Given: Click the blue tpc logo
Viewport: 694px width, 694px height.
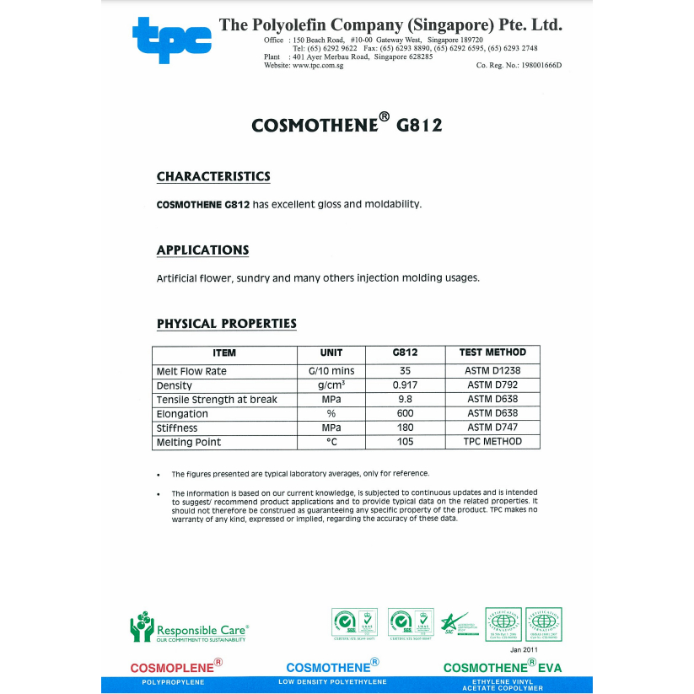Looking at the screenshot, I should [172, 39].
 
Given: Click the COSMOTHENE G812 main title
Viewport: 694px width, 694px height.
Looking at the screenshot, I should [346, 125].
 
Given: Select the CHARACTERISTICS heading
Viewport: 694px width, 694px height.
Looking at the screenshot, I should [213, 176].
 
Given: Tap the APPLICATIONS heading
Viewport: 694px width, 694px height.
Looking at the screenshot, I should [202, 250].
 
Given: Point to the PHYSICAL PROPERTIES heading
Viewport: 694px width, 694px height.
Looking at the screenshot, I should [226, 324].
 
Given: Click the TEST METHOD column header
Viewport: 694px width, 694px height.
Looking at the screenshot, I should [492, 352].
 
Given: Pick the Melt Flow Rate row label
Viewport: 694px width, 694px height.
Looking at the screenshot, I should [191, 371].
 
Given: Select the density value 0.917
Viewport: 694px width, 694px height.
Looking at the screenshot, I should [405, 385].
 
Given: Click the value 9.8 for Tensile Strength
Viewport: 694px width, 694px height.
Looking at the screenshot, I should [405, 400].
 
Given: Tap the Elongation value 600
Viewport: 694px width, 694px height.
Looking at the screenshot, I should [405, 414].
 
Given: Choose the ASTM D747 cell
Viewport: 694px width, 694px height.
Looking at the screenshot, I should [492, 428].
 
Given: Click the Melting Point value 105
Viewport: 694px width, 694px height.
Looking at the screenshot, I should [405, 442].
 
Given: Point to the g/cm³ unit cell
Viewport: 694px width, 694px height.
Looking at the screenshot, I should [331, 385].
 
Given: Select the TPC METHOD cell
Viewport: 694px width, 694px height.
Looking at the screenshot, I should [492, 442].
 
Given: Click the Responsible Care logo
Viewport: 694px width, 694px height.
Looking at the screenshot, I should [189, 629].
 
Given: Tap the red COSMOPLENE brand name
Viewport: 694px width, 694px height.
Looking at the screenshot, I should [172, 668].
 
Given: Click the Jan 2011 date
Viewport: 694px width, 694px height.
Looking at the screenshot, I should [523, 649].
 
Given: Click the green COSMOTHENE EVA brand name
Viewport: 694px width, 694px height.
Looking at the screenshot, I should [502, 668].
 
